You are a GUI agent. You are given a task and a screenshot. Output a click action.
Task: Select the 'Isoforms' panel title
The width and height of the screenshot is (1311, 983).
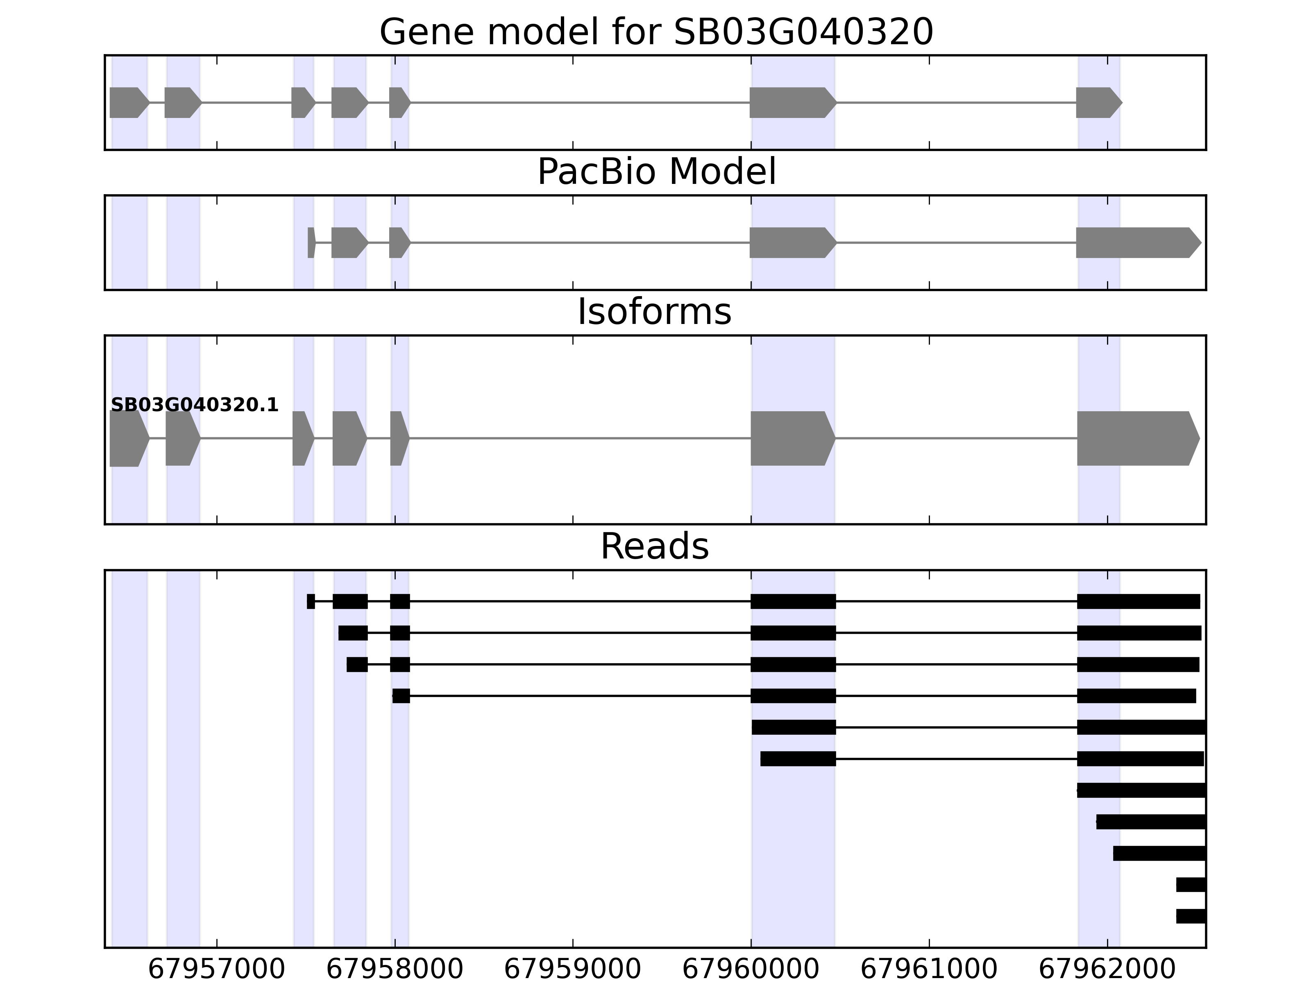pos(654,312)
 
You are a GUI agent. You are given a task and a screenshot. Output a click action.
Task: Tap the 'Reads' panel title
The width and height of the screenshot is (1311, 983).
pos(654,546)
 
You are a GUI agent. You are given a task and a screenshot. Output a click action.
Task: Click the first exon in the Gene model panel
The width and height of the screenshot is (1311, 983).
pos(128,102)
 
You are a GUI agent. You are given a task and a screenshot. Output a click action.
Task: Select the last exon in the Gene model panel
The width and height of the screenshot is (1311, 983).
pos(1098,102)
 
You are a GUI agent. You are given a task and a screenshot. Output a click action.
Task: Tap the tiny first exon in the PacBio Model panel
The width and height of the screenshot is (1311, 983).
pos(311,242)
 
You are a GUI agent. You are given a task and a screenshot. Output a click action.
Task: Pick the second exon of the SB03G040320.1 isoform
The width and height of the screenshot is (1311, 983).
pos(182,439)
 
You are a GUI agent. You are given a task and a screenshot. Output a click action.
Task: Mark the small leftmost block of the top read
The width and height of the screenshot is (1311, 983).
pos(311,601)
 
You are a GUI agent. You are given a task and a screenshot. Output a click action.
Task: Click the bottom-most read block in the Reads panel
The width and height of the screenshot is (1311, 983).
pos(1191,916)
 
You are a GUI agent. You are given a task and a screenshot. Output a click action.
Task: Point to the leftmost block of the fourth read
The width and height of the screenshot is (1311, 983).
pos(401,695)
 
